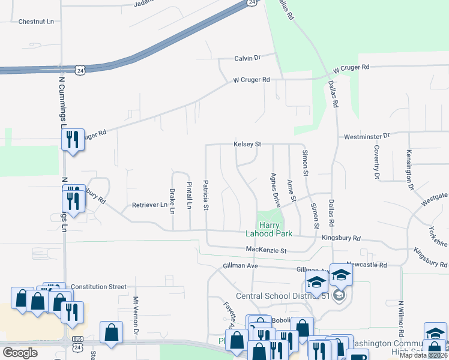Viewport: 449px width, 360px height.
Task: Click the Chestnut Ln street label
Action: click(x=36, y=22)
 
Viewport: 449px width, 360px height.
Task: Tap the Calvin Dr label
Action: click(x=247, y=58)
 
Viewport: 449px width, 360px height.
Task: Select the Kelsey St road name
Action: click(x=248, y=145)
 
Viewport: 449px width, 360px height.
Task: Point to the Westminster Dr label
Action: click(x=367, y=137)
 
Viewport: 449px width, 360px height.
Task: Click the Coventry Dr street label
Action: click(x=377, y=161)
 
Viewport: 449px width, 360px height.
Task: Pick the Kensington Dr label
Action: click(x=411, y=170)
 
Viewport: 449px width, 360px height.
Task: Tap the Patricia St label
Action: click(x=206, y=195)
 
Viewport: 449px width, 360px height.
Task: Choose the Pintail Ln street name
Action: click(x=189, y=195)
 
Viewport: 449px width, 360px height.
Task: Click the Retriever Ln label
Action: click(x=149, y=205)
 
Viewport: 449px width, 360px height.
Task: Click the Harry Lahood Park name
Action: click(x=268, y=229)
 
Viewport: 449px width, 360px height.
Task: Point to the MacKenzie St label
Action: click(x=267, y=250)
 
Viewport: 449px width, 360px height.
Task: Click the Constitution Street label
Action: click(x=98, y=287)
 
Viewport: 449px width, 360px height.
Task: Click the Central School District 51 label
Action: click(x=283, y=296)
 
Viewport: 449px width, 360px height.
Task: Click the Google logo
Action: click(x=20, y=353)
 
